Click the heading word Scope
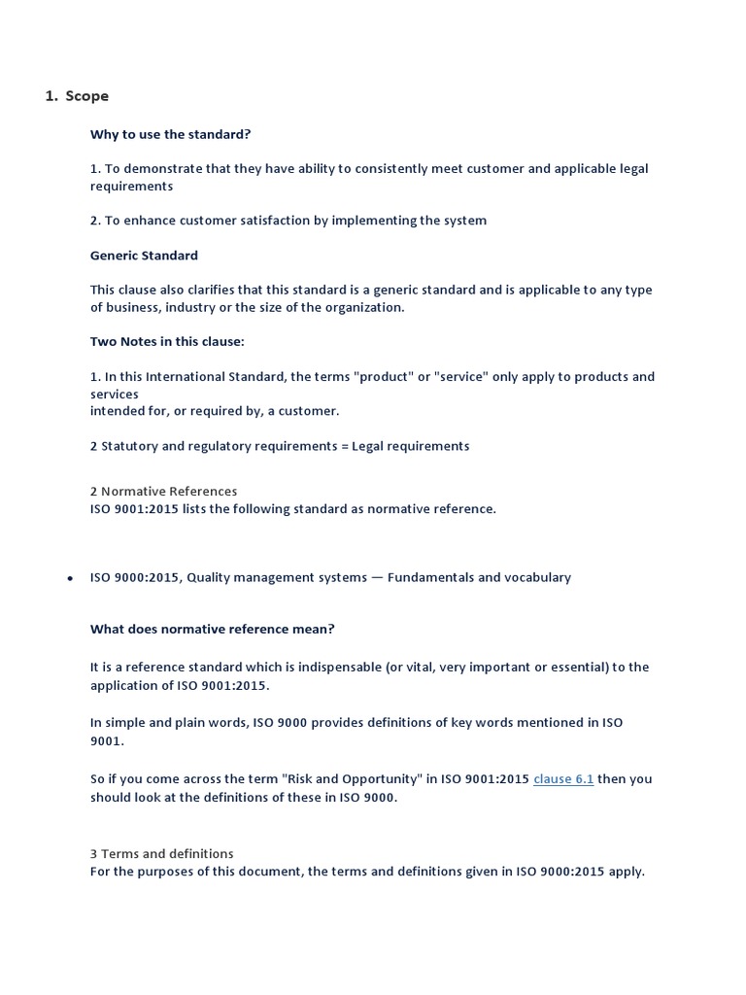click(87, 96)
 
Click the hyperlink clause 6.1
click(563, 779)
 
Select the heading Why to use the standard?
click(171, 134)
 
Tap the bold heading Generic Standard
click(144, 256)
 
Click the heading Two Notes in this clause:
click(167, 341)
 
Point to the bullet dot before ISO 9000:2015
click(70, 578)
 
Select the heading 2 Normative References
click(163, 492)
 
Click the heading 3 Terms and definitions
click(161, 854)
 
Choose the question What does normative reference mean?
click(212, 629)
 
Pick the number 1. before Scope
click(51, 96)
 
